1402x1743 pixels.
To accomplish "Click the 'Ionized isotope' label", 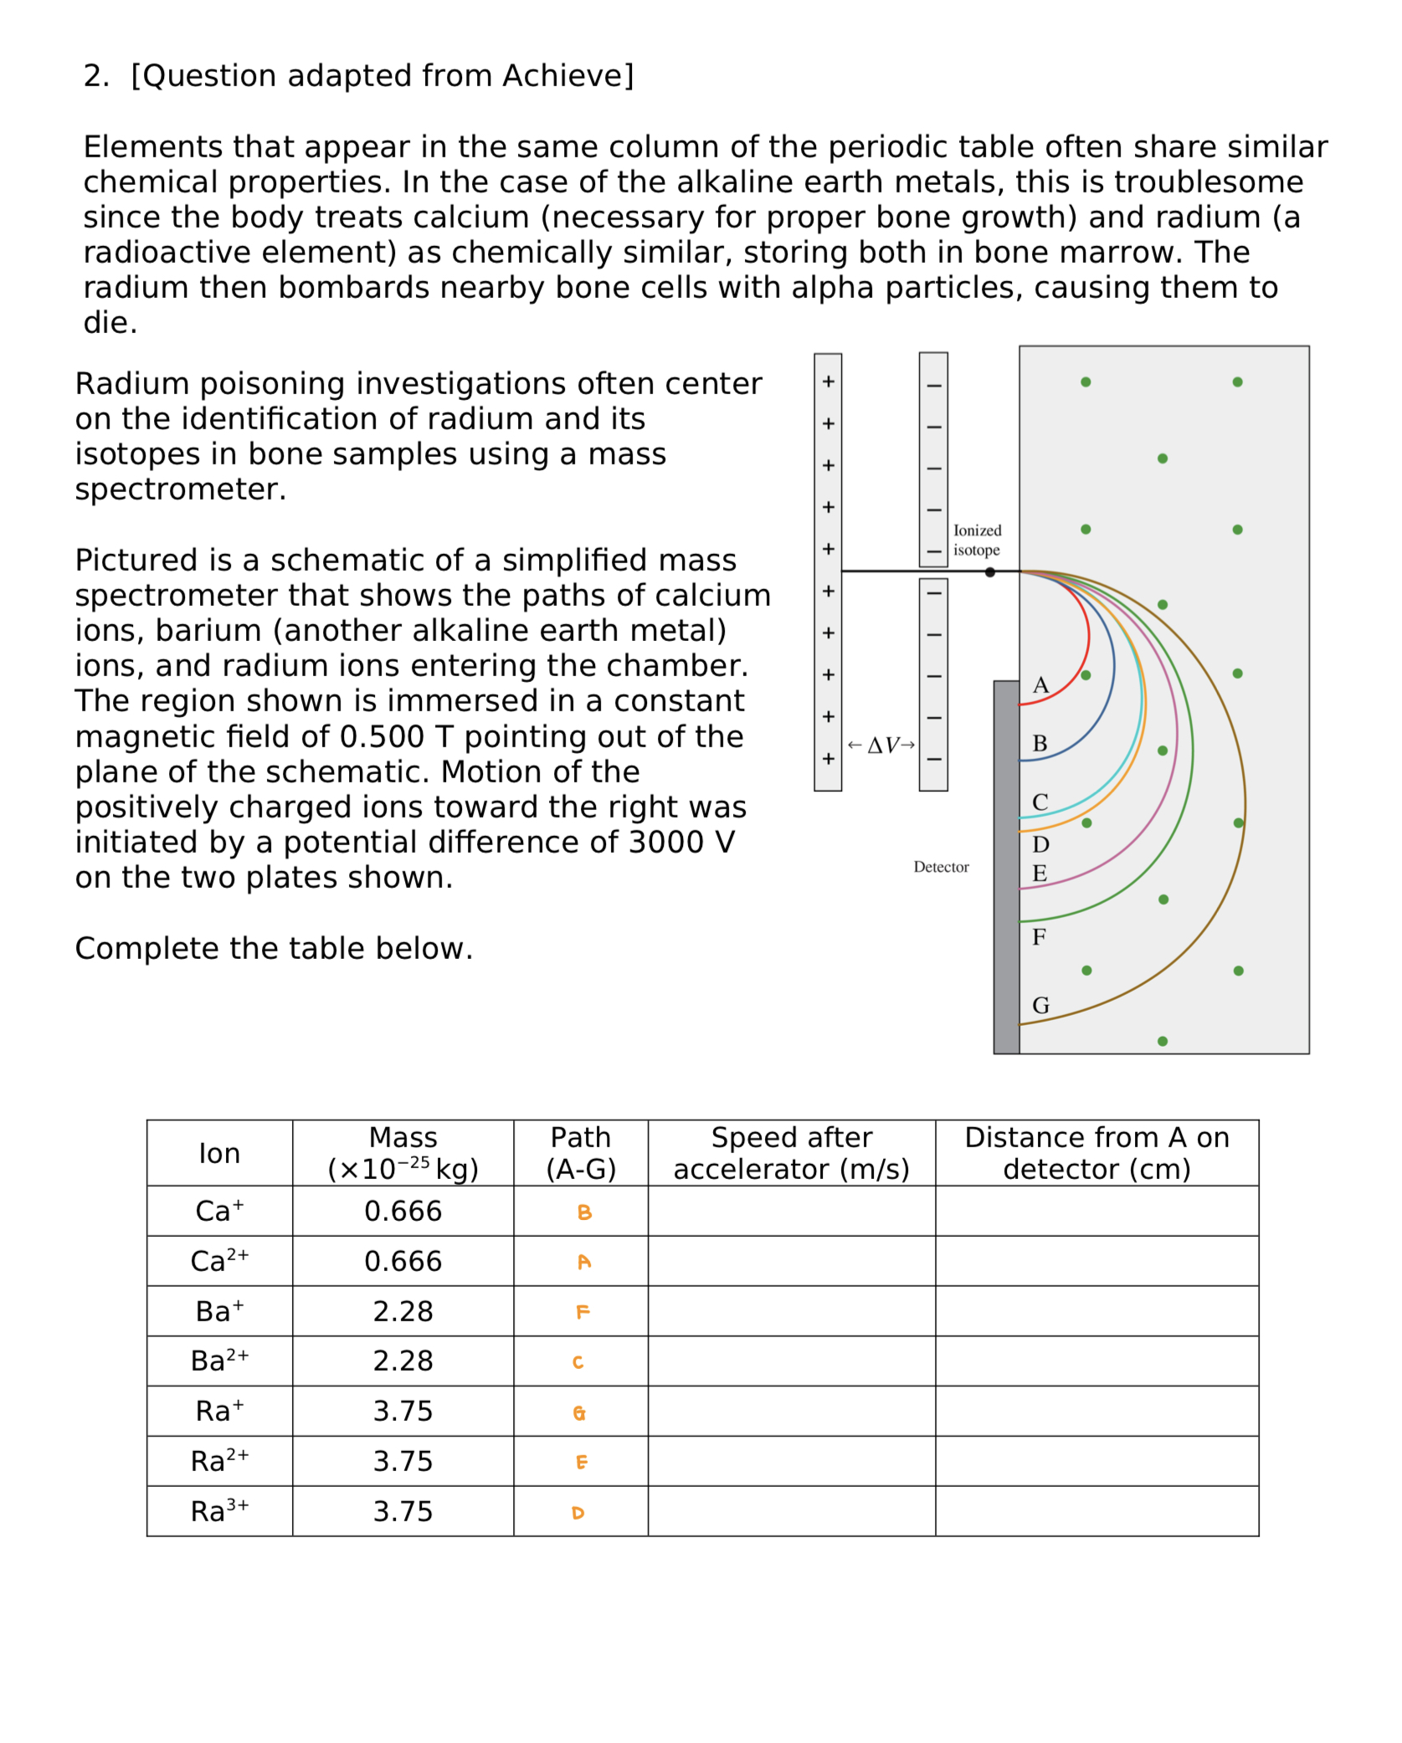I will tap(976, 540).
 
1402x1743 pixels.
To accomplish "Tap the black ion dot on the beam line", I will tap(989, 572).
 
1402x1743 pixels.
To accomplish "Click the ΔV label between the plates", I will tap(881, 745).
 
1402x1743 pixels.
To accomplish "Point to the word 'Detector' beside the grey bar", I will tap(941, 867).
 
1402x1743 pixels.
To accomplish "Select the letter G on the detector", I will tap(1040, 1005).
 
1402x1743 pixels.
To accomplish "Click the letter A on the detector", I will tap(1040, 685).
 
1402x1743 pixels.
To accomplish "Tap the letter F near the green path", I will tap(1039, 936).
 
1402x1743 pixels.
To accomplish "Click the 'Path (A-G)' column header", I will tap(580, 1152).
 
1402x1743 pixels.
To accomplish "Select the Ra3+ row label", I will tap(219, 1511).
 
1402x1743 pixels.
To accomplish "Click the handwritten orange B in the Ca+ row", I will tap(584, 1212).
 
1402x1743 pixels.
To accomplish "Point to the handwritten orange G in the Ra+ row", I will tap(579, 1412).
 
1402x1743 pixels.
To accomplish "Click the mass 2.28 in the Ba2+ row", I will tap(403, 1361).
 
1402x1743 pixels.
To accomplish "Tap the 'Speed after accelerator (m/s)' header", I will tap(791, 1152).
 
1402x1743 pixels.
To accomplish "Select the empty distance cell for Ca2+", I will tap(1096, 1260).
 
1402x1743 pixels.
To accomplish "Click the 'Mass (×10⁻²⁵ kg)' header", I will tap(403, 1152).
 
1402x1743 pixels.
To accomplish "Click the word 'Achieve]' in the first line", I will tap(567, 75).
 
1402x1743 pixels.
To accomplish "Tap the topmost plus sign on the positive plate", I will tap(828, 382).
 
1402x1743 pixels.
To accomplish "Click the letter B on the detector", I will tap(1040, 743).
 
